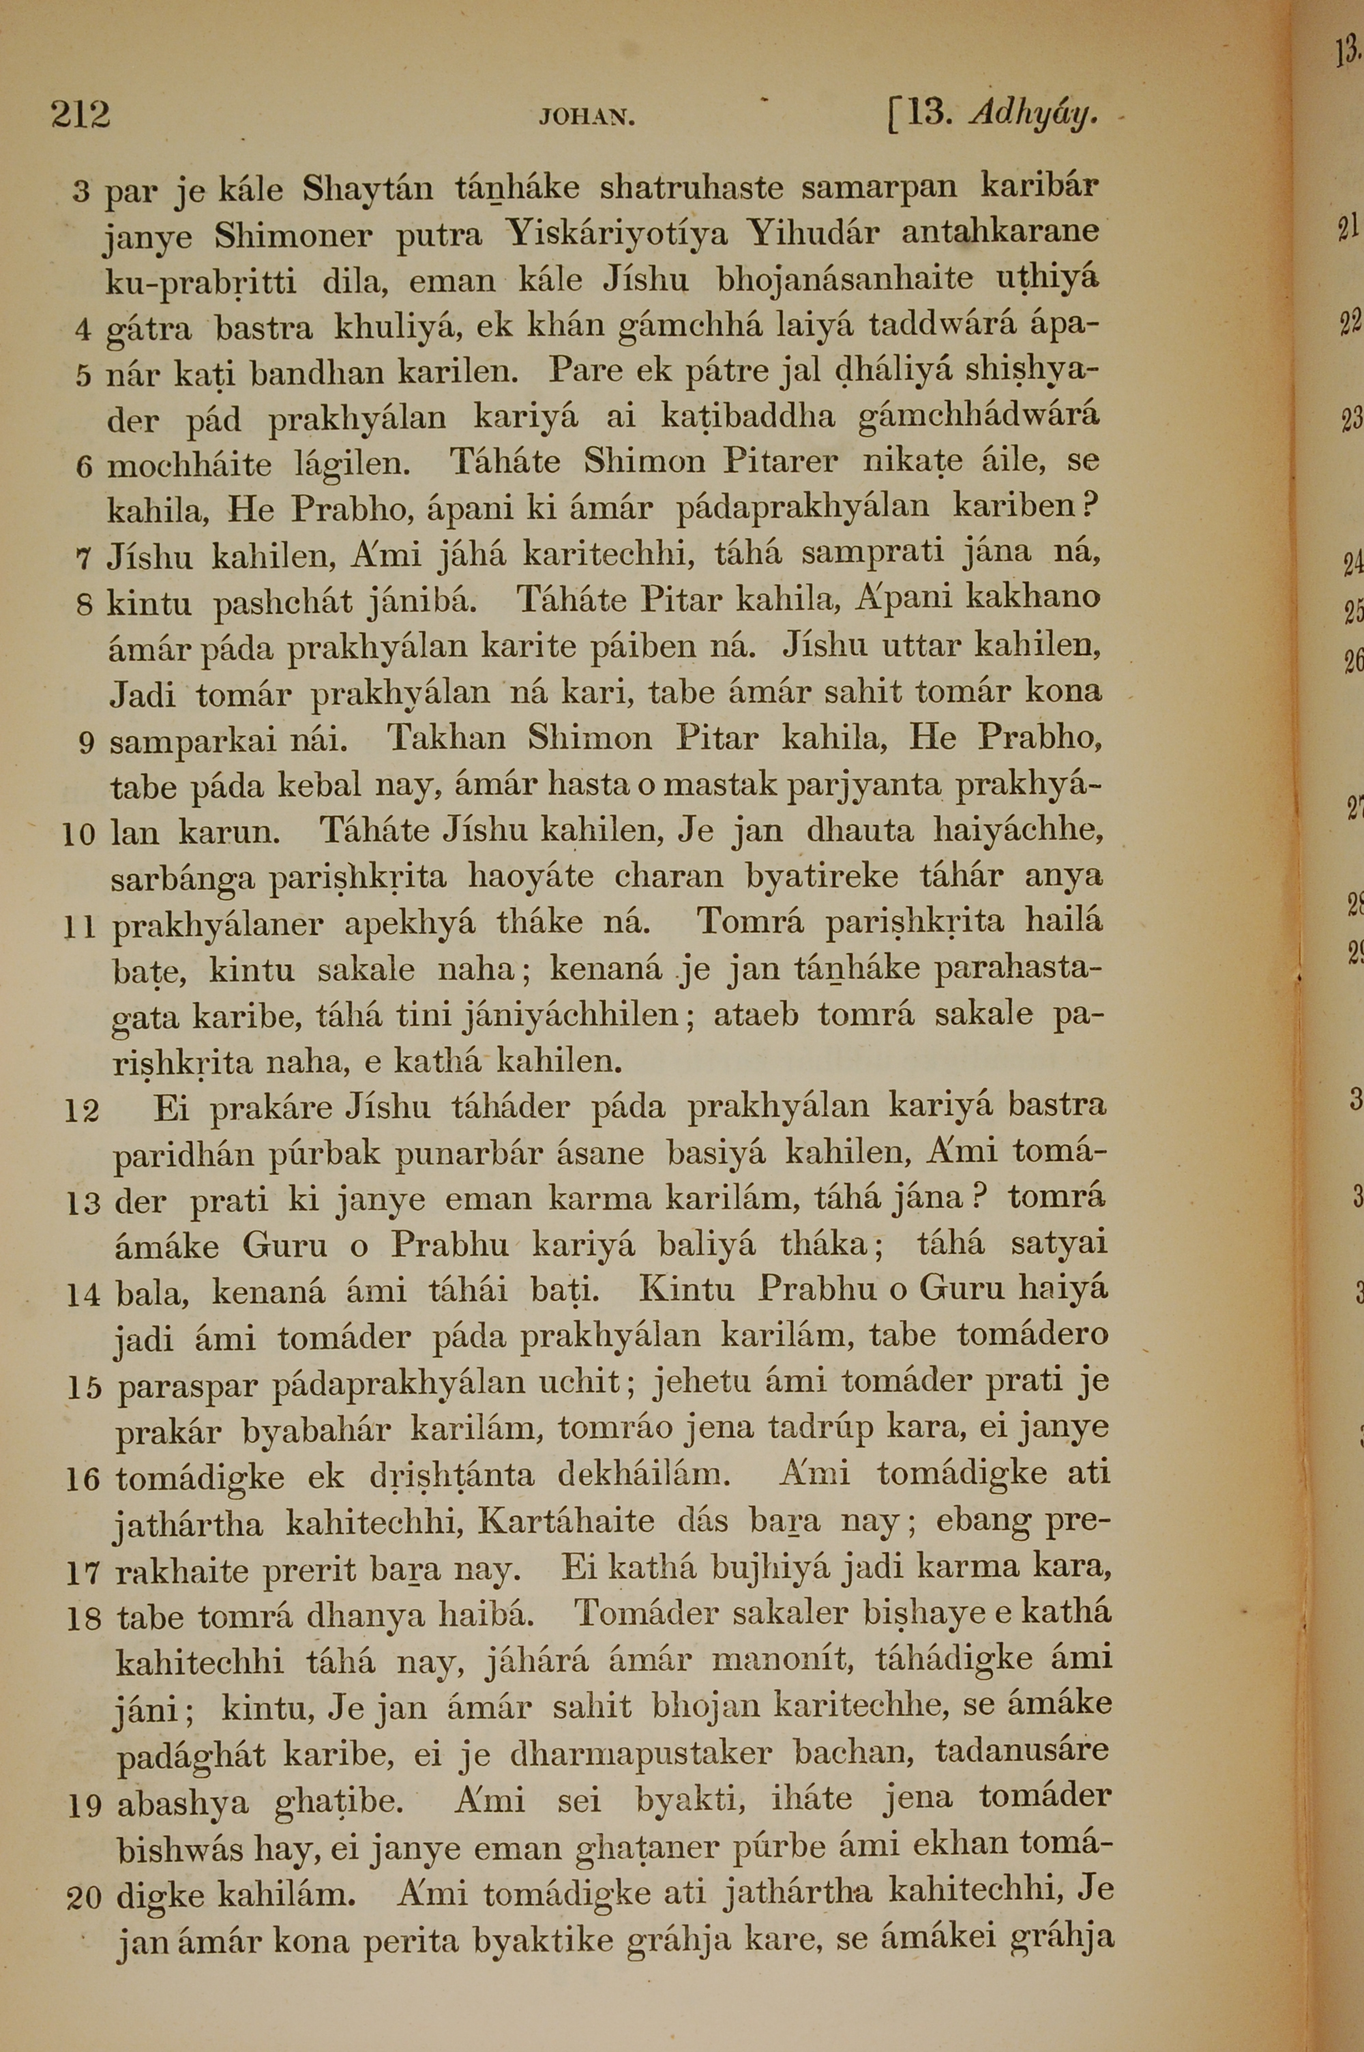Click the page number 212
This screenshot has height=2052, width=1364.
click(80, 115)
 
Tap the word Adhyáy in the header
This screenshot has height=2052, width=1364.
click(1033, 114)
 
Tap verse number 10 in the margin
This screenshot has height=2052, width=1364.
click(80, 836)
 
